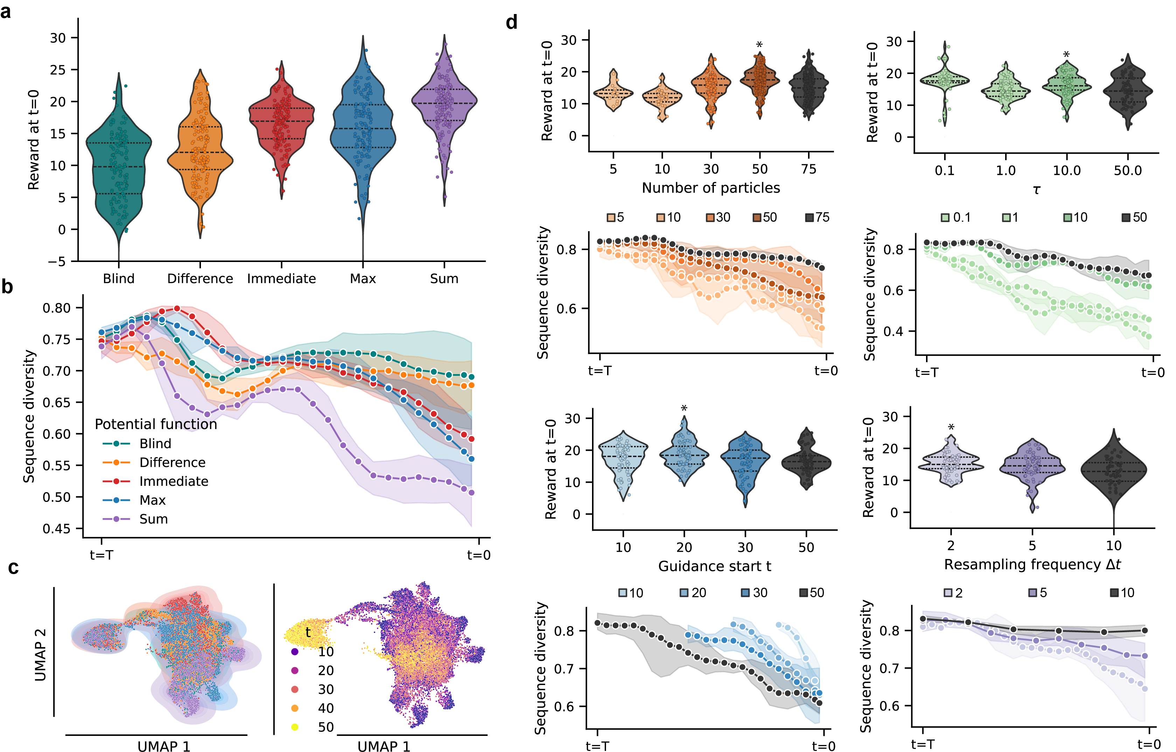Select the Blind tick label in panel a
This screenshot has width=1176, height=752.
click(x=119, y=278)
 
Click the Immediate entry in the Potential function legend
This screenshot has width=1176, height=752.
click(x=173, y=481)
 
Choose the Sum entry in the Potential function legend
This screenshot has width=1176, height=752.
click(x=153, y=519)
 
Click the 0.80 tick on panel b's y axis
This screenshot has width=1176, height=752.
click(x=57, y=308)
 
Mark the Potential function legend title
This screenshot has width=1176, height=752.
click(x=156, y=424)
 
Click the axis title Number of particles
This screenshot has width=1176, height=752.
click(x=711, y=188)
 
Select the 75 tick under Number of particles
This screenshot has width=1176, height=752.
click(x=809, y=169)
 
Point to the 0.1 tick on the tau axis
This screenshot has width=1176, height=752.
click(x=945, y=171)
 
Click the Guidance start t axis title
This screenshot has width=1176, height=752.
click(x=715, y=566)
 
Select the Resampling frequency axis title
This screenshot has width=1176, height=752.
click(x=1032, y=565)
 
